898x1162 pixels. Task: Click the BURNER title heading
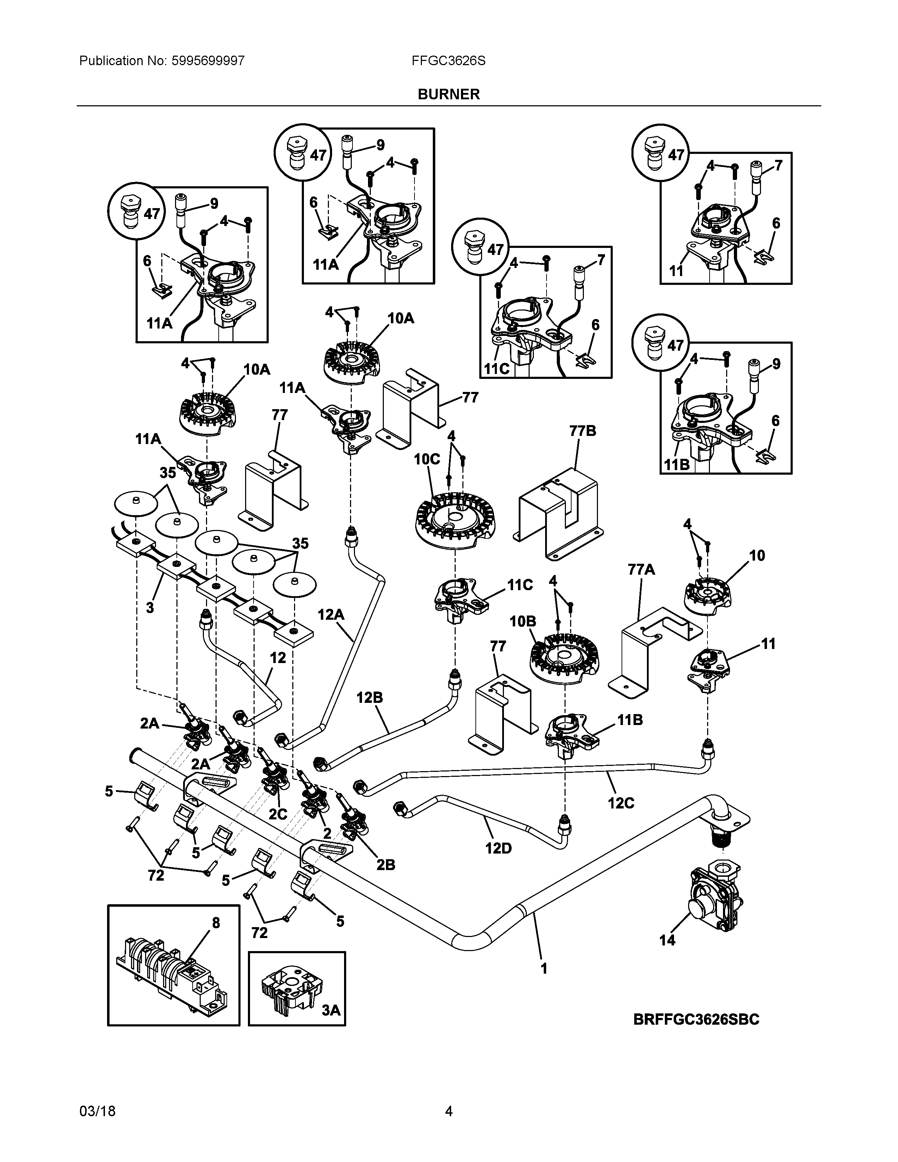coord(448,94)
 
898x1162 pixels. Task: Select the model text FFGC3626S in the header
coord(448,61)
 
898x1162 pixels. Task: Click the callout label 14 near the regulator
coord(667,940)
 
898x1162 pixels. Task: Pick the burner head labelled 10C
coord(455,521)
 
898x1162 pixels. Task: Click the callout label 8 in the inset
coord(216,923)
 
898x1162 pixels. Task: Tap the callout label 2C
coord(278,814)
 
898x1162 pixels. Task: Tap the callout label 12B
coord(370,698)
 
